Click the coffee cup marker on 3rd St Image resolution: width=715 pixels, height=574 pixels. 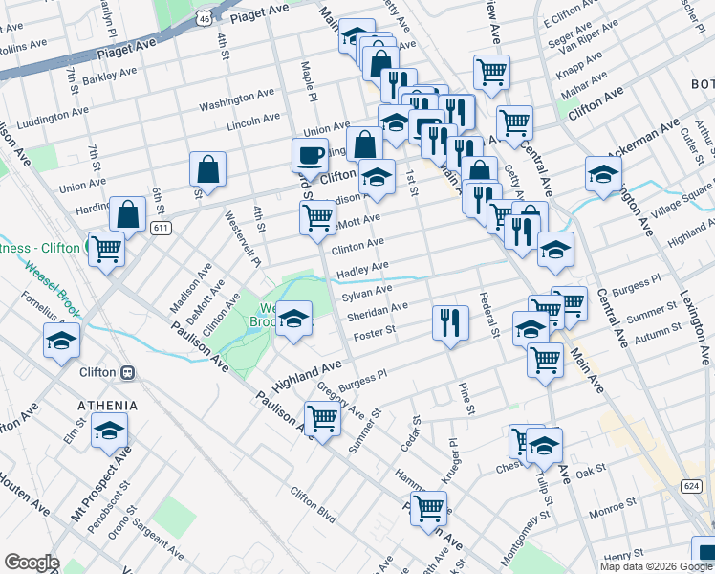coord(310,155)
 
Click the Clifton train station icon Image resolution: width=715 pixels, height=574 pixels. coord(127,372)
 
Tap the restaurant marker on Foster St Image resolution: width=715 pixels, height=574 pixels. coord(449,321)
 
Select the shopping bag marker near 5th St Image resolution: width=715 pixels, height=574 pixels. coord(207,170)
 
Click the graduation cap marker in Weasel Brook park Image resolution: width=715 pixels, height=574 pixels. coord(294,318)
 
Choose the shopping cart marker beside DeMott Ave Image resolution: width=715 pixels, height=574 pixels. coord(317,216)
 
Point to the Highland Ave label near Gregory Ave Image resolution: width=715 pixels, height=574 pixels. coord(307,374)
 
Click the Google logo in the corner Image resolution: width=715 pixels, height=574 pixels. coord(32,563)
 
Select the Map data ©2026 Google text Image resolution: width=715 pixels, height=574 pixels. coord(655,566)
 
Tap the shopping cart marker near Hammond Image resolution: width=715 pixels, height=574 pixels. coord(428,508)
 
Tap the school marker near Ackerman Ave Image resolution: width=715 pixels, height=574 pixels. coord(603,174)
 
